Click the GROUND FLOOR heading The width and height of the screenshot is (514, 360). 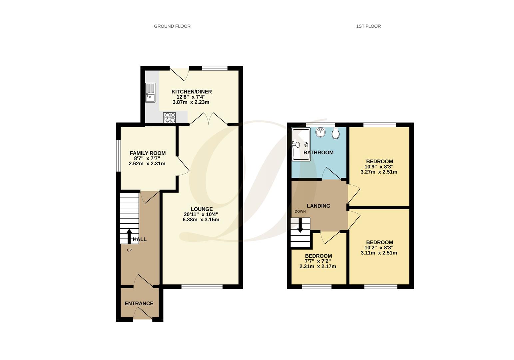tap(172, 26)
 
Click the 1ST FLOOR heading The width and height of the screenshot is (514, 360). tap(368, 26)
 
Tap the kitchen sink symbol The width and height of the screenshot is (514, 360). tap(150, 93)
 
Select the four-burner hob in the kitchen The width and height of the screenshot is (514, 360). tap(170, 118)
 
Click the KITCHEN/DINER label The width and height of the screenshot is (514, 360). tap(192, 92)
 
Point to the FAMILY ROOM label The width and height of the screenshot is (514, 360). tap(148, 153)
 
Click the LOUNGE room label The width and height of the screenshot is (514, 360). tap(202, 209)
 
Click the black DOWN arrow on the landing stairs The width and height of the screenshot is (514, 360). tap(300, 225)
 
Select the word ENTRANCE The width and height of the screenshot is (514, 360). tap(139, 303)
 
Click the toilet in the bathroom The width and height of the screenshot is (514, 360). tap(335, 134)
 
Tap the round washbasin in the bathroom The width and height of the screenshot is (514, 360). tap(320, 132)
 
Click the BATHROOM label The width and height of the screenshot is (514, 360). tap(318, 152)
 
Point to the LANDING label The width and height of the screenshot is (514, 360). tap(318, 206)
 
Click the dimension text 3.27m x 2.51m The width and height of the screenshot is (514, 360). tap(379, 172)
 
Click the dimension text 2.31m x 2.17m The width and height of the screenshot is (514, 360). tap(318, 266)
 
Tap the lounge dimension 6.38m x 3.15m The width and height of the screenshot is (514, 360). tap(201, 220)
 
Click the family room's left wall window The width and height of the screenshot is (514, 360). tap(118, 155)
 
